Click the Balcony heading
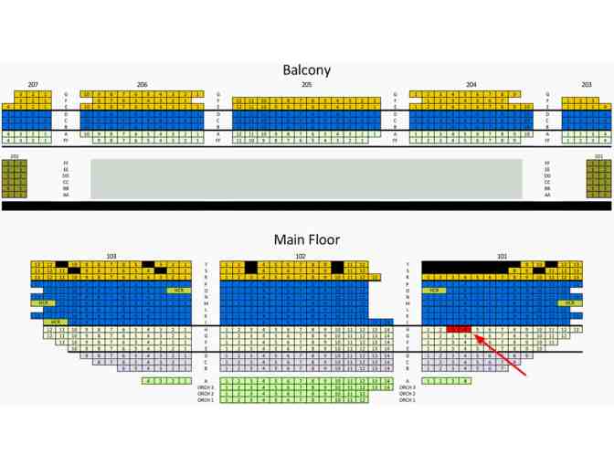[x=306, y=69]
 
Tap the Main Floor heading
[x=306, y=239]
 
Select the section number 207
[x=33, y=85]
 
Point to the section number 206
[x=142, y=85]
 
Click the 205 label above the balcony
[x=306, y=85]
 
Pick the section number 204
[x=471, y=85]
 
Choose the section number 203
[x=586, y=85]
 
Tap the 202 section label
[x=15, y=156]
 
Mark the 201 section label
[x=598, y=156]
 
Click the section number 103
[x=111, y=256]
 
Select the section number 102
[x=301, y=256]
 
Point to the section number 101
[x=502, y=256]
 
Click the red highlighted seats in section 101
[x=459, y=329]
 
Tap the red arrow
[x=502, y=357]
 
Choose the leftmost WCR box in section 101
[x=435, y=290]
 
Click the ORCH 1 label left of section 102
[x=206, y=400]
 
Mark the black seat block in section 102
[x=251, y=267]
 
